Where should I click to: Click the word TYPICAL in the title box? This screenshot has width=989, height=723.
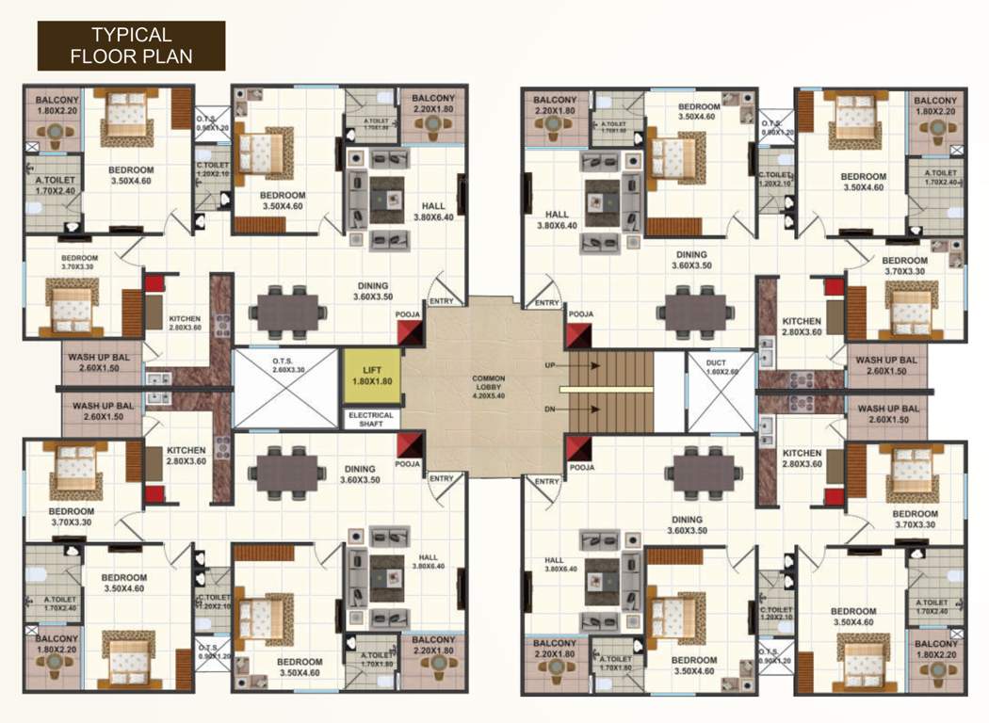pyautogui.click(x=132, y=35)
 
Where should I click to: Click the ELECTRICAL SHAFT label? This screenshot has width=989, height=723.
pyautogui.click(x=372, y=420)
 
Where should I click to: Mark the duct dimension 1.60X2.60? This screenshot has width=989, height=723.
pyautogui.click(x=721, y=372)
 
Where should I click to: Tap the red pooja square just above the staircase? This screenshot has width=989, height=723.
pyautogui.click(x=578, y=335)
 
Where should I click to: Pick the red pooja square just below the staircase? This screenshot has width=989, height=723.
pyautogui.click(x=578, y=445)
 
